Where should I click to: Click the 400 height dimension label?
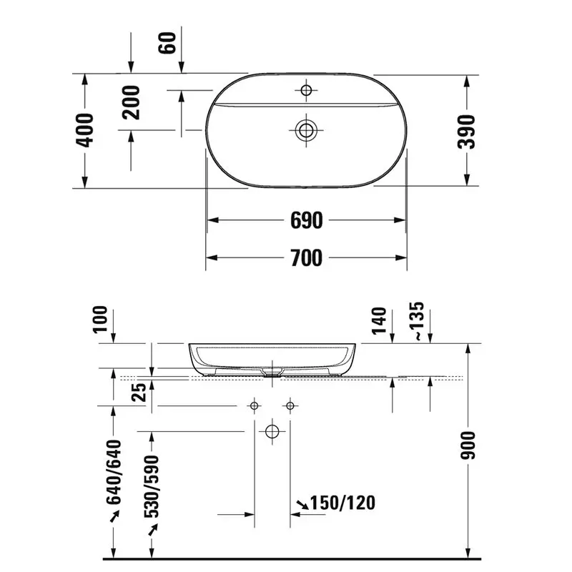(x=85, y=130)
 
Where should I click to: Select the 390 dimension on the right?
(x=467, y=130)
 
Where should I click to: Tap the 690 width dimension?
(x=307, y=220)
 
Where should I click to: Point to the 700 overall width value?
(x=307, y=257)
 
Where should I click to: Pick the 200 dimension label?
(x=131, y=102)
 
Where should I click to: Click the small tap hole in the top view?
(x=307, y=90)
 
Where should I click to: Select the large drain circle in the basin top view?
(x=307, y=129)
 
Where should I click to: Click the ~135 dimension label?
(x=418, y=320)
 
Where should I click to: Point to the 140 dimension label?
(x=380, y=320)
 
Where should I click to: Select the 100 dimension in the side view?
(x=99, y=320)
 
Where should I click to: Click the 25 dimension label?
(x=140, y=391)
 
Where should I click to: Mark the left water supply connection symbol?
(x=254, y=406)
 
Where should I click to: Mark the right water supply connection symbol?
(x=290, y=406)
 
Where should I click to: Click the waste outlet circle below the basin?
(x=272, y=431)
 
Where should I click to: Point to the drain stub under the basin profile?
(x=272, y=372)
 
